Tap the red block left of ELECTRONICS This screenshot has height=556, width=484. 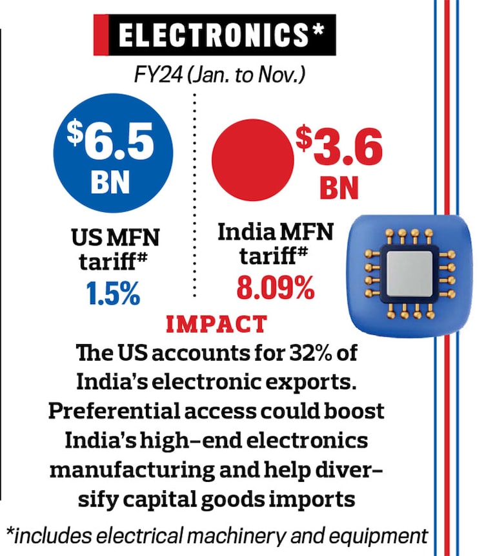click(x=102, y=35)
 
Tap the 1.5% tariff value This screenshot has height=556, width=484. click(x=113, y=294)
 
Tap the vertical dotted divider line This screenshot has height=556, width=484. click(x=195, y=193)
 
